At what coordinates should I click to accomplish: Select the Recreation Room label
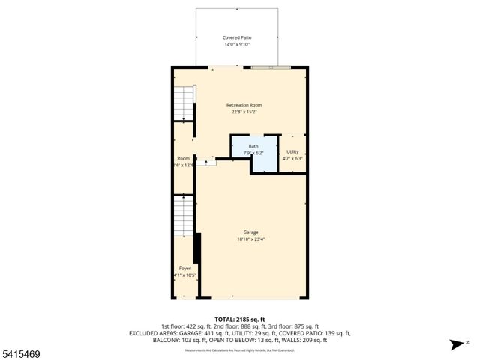click(244, 105)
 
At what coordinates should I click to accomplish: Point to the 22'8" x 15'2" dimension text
click(244, 112)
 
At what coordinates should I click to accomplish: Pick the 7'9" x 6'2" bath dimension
click(254, 153)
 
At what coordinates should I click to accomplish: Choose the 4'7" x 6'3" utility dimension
click(293, 158)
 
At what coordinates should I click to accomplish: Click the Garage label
click(250, 232)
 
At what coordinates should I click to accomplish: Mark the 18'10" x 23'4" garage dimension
click(250, 239)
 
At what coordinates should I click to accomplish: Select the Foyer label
click(184, 268)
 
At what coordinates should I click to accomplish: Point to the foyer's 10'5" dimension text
click(185, 274)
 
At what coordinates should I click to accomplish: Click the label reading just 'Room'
click(184, 158)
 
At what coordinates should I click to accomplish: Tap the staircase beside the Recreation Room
click(184, 103)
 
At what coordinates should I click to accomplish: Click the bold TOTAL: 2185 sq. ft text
click(240, 319)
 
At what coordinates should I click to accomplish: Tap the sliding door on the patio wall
click(272, 67)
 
